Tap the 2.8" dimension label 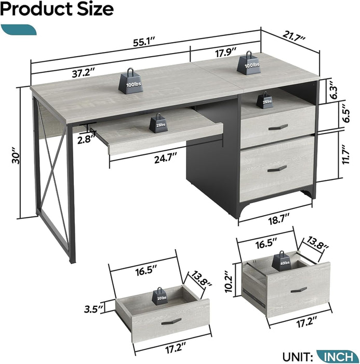(x=82, y=139)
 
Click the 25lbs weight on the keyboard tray (x=157, y=123)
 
